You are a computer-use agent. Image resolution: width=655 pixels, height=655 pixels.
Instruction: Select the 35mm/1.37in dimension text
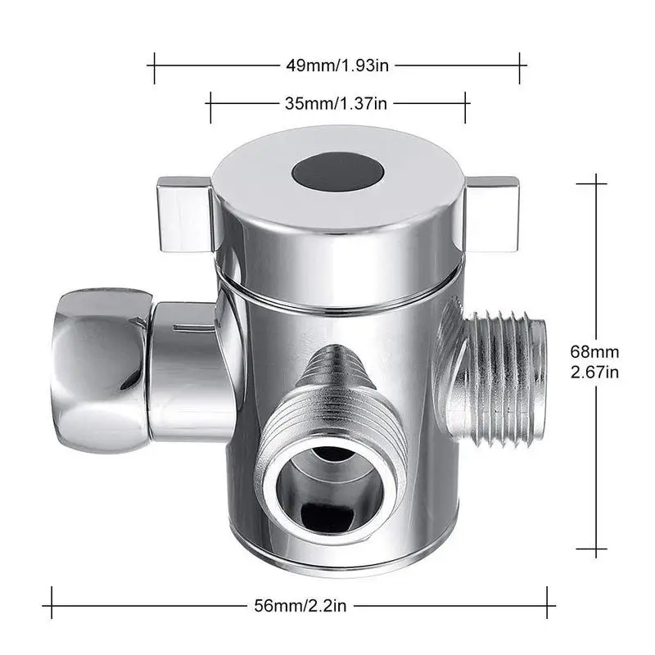(x=337, y=103)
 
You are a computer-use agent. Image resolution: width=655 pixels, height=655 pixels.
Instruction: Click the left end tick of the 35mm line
(x=210, y=103)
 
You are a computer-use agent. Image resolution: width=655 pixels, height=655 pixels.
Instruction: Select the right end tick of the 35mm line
(x=466, y=103)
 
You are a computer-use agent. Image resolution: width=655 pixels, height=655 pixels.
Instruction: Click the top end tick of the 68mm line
(x=592, y=184)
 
